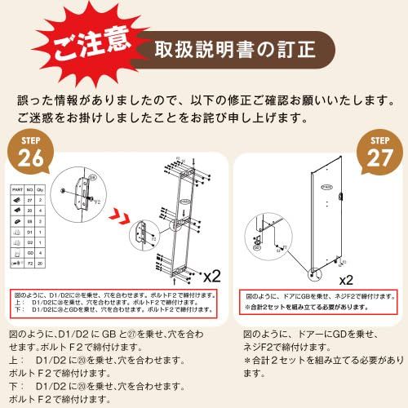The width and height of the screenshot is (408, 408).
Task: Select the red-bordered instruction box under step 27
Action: point(318,299)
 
